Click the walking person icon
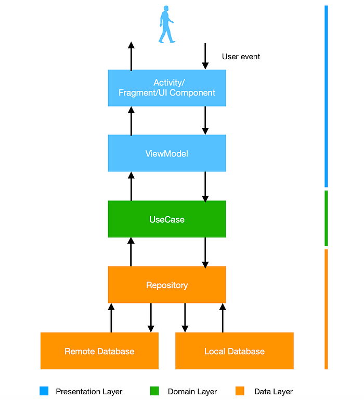click(166, 24)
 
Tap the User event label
click(241, 57)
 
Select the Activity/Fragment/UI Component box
click(167, 88)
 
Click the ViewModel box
click(167, 153)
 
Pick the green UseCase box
click(167, 219)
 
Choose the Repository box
click(167, 285)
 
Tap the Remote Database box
click(99, 351)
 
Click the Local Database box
click(235, 351)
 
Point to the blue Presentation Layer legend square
click(44, 391)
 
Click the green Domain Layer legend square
click(154, 391)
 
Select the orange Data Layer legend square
click(240, 391)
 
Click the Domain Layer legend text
click(192, 392)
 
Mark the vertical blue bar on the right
click(326, 96)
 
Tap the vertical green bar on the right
click(326, 218)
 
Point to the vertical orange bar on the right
click(326, 309)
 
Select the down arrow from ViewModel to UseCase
click(205, 186)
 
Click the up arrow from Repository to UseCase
click(131, 252)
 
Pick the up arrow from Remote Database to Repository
click(111, 317)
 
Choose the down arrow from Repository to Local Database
click(185, 317)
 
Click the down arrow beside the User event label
click(205, 56)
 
